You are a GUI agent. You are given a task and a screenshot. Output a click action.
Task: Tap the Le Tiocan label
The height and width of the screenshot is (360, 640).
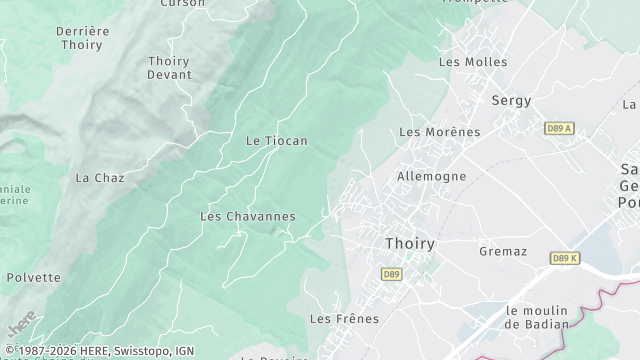click(276, 141)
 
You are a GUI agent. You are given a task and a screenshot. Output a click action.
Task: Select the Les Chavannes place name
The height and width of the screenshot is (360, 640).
click(248, 216)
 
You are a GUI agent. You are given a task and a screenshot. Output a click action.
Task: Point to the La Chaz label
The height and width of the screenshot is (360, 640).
click(100, 178)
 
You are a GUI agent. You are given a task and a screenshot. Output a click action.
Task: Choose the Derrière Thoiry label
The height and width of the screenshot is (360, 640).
click(82, 38)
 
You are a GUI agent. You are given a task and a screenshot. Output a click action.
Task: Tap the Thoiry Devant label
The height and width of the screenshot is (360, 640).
click(168, 68)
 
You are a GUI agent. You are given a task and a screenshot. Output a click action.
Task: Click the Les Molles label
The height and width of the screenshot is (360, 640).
click(473, 62)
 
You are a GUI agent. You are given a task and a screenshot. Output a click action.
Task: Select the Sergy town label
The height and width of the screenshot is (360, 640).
click(511, 100)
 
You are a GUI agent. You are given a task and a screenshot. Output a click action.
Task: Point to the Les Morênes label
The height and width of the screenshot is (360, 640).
click(439, 132)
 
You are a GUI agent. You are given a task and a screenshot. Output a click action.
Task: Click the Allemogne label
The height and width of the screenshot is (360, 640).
click(431, 176)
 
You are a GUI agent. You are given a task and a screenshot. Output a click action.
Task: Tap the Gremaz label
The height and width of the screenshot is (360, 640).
click(503, 251)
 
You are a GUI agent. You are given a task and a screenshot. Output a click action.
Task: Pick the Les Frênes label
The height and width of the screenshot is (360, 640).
click(344, 319)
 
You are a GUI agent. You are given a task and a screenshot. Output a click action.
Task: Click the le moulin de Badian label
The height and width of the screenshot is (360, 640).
click(537, 316)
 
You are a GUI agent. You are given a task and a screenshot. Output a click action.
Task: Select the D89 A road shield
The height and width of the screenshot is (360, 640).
click(560, 128)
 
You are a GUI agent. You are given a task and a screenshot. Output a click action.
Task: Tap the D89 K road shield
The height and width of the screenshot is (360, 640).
click(565, 258)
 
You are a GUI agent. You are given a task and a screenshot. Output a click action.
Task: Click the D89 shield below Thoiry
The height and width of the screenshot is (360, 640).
click(391, 273)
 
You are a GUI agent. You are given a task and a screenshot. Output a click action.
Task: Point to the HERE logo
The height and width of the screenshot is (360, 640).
click(21, 325)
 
